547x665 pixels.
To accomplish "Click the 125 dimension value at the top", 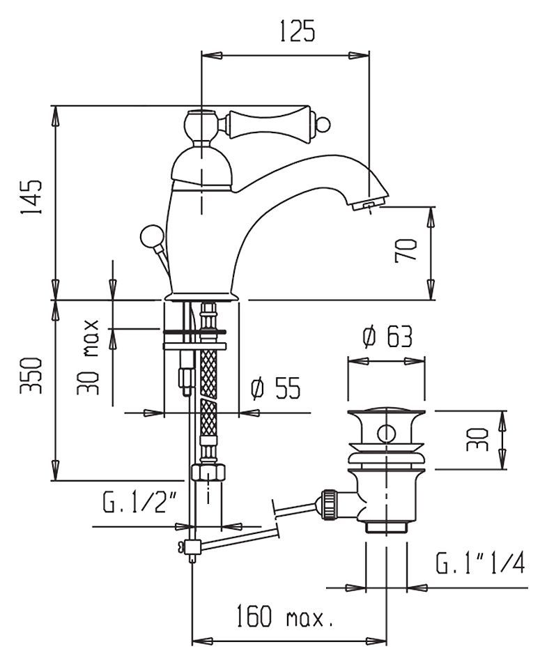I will coord(297,32).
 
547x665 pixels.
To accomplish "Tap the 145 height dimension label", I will coord(31,199).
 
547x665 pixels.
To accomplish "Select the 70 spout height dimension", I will coord(406,250).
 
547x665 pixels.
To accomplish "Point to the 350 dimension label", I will coord(31,376).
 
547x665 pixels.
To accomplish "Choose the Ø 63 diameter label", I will coord(387,337).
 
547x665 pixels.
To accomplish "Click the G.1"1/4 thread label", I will coord(480,563).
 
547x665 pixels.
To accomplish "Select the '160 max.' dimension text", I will coord(283,617).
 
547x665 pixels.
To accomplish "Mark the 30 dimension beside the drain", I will coord(479,439).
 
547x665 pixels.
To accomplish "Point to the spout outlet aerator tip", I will coord(367,205).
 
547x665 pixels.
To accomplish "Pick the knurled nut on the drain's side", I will coord(328,503).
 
